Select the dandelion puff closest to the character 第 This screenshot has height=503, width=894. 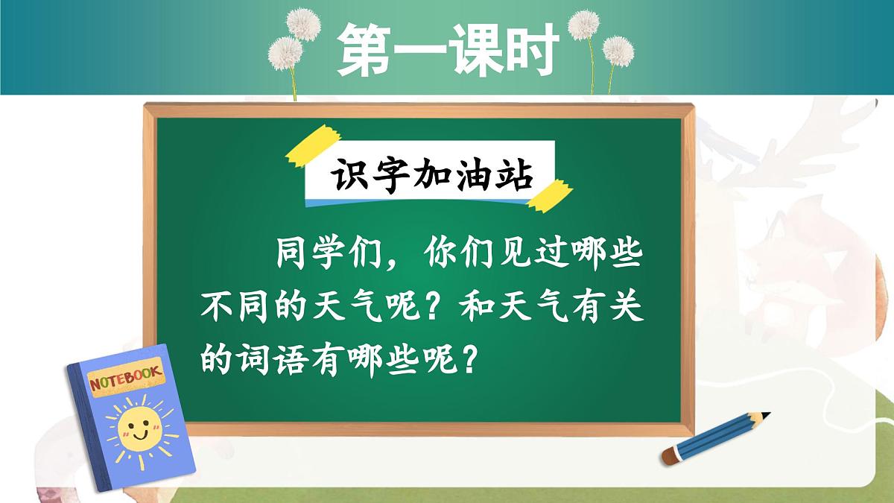pyautogui.click(x=304, y=25)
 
